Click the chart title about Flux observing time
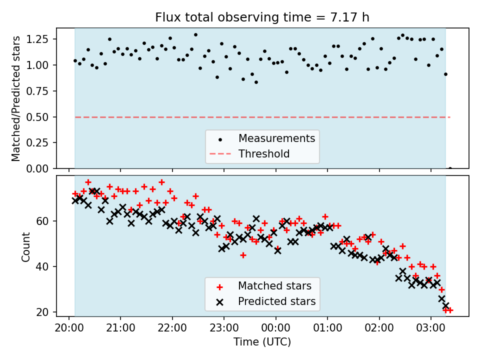coord(262,18)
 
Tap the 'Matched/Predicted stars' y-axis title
coord(16,98)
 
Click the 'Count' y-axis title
coord(25,246)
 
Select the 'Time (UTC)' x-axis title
coord(262,342)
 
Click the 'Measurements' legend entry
coord(276,138)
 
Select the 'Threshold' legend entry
coord(264,153)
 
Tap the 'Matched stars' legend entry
coord(274,286)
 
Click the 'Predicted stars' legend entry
coord(276,301)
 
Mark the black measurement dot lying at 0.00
coord(450,168)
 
